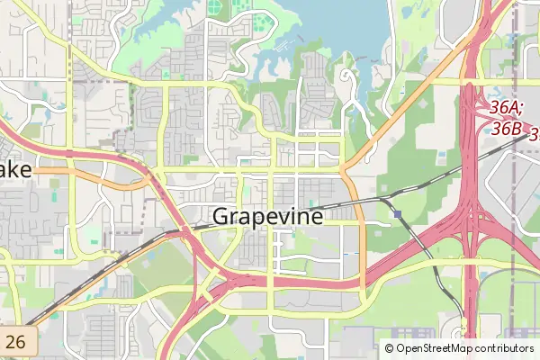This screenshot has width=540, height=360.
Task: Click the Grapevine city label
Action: [x=268, y=217]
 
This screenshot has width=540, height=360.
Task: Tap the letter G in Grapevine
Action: [x=222, y=217]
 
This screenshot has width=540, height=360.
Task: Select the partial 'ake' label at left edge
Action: [x=15, y=169]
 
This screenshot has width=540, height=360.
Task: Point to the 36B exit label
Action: [x=506, y=129]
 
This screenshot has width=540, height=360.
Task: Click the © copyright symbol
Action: [x=389, y=348]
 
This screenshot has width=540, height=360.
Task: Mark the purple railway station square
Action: [x=397, y=214]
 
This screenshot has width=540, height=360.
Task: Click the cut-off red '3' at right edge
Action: [x=534, y=135]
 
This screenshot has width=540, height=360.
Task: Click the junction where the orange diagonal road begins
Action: [x=343, y=168]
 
